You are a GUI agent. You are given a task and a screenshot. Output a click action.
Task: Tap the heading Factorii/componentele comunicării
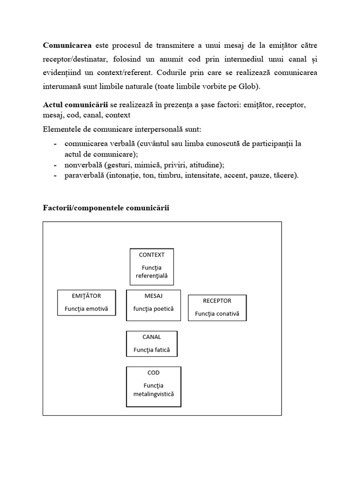click(x=106, y=208)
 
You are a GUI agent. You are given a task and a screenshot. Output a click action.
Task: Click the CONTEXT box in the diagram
click(x=152, y=266)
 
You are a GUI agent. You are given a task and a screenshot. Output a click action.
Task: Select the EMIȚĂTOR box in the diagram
click(x=86, y=302)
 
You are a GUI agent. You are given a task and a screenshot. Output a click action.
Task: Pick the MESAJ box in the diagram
click(x=153, y=305)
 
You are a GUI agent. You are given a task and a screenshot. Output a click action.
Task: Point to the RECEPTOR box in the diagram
click(x=217, y=307)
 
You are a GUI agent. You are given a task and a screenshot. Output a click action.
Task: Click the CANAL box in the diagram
click(x=152, y=343)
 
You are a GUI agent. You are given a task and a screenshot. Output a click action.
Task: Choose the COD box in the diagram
click(x=153, y=387)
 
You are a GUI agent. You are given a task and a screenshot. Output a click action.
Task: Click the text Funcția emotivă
click(x=86, y=309)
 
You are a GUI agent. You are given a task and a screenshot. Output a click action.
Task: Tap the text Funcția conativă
click(x=217, y=314)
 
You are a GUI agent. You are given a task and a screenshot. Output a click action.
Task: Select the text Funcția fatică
click(x=152, y=350)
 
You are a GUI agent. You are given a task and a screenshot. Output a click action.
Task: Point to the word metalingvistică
click(x=153, y=394)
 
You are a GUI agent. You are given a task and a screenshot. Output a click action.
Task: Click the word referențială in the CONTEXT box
click(x=151, y=276)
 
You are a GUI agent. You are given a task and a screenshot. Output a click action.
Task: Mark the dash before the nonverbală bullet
click(x=56, y=165)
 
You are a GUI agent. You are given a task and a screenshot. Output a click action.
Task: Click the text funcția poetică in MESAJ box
click(x=153, y=309)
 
